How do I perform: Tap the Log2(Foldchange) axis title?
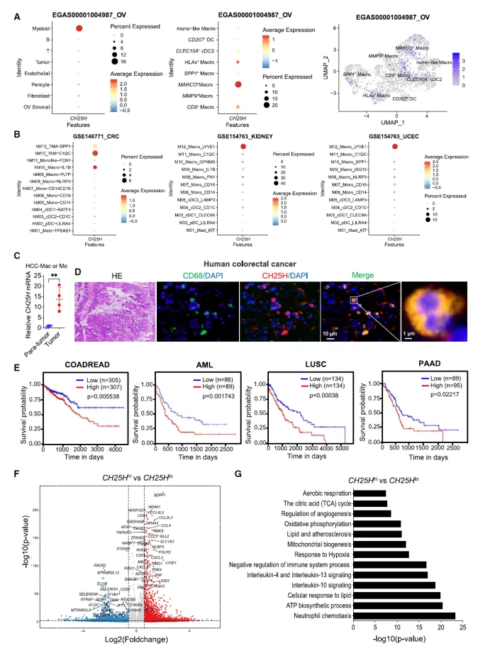click(133, 637)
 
